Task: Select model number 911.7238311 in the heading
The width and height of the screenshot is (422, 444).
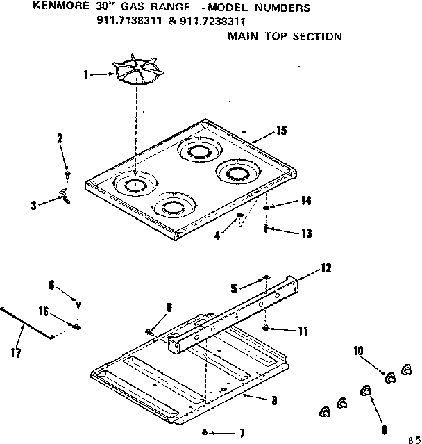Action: tap(216, 21)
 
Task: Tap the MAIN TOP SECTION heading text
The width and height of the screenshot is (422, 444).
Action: tap(285, 36)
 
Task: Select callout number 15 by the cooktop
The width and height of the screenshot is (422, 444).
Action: tap(281, 130)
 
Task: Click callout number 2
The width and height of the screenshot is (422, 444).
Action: tap(60, 138)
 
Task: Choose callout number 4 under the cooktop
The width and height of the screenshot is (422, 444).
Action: tap(217, 235)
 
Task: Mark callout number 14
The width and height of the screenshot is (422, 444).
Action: tap(306, 201)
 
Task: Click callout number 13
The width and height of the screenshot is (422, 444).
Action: tap(306, 233)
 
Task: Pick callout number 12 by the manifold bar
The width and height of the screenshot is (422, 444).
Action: tap(327, 267)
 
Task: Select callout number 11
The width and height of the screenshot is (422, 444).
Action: tap(303, 331)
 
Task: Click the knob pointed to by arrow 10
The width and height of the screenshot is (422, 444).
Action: tap(389, 377)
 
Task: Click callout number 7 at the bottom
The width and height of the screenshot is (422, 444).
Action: tap(241, 434)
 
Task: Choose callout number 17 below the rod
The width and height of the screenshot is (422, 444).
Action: tap(16, 352)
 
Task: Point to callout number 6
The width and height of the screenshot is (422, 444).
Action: tap(51, 283)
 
